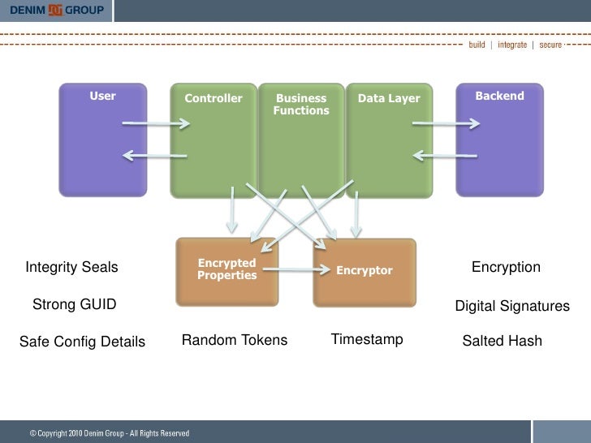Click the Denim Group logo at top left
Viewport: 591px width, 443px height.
57,11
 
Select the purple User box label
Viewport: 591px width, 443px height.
102,97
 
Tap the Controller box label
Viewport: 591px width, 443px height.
214,99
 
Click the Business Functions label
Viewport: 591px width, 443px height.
301,104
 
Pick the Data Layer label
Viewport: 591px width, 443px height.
389,99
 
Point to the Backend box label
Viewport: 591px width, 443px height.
499,97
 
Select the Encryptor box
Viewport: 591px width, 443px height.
365,270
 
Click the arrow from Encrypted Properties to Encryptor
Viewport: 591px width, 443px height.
289,270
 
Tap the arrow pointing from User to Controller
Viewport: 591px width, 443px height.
156,124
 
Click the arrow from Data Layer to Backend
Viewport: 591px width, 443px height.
446,124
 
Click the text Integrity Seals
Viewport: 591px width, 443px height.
72,268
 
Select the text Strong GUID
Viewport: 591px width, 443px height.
74,305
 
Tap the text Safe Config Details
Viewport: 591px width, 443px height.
82,342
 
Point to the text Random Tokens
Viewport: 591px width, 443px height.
235,340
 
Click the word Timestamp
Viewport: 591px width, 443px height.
367,339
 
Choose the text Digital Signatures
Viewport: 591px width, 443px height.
512,307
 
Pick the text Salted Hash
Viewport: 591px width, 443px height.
502,342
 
